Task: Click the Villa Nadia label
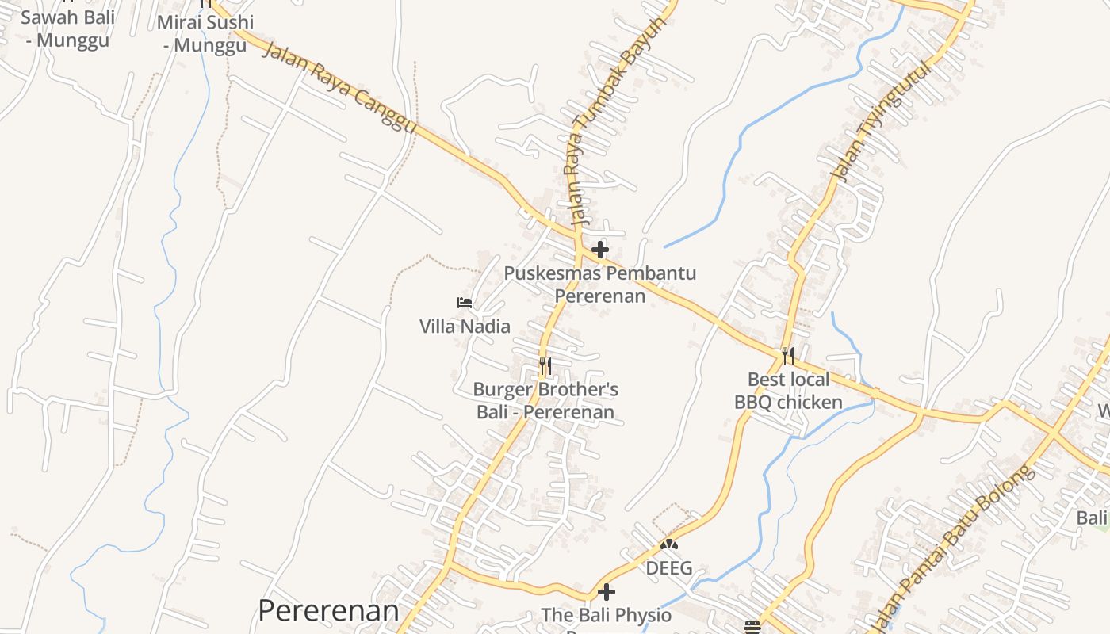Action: (465, 327)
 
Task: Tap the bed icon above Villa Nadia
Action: (465, 303)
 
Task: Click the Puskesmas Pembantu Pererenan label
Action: (600, 285)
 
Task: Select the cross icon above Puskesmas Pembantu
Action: (600, 250)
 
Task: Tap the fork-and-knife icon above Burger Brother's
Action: (545, 366)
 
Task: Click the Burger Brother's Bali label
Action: (545, 401)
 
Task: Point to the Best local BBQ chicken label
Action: (788, 391)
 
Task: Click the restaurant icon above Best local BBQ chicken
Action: (787, 355)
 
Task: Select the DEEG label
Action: (669, 568)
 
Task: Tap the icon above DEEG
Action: (669, 545)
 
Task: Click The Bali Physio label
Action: (607, 615)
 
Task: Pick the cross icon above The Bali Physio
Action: (607, 592)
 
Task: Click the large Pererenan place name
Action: (328, 611)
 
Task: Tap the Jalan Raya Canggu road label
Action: (339, 88)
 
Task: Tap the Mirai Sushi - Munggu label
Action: (205, 33)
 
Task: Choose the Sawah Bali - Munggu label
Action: (68, 29)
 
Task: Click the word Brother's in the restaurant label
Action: (578, 390)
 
